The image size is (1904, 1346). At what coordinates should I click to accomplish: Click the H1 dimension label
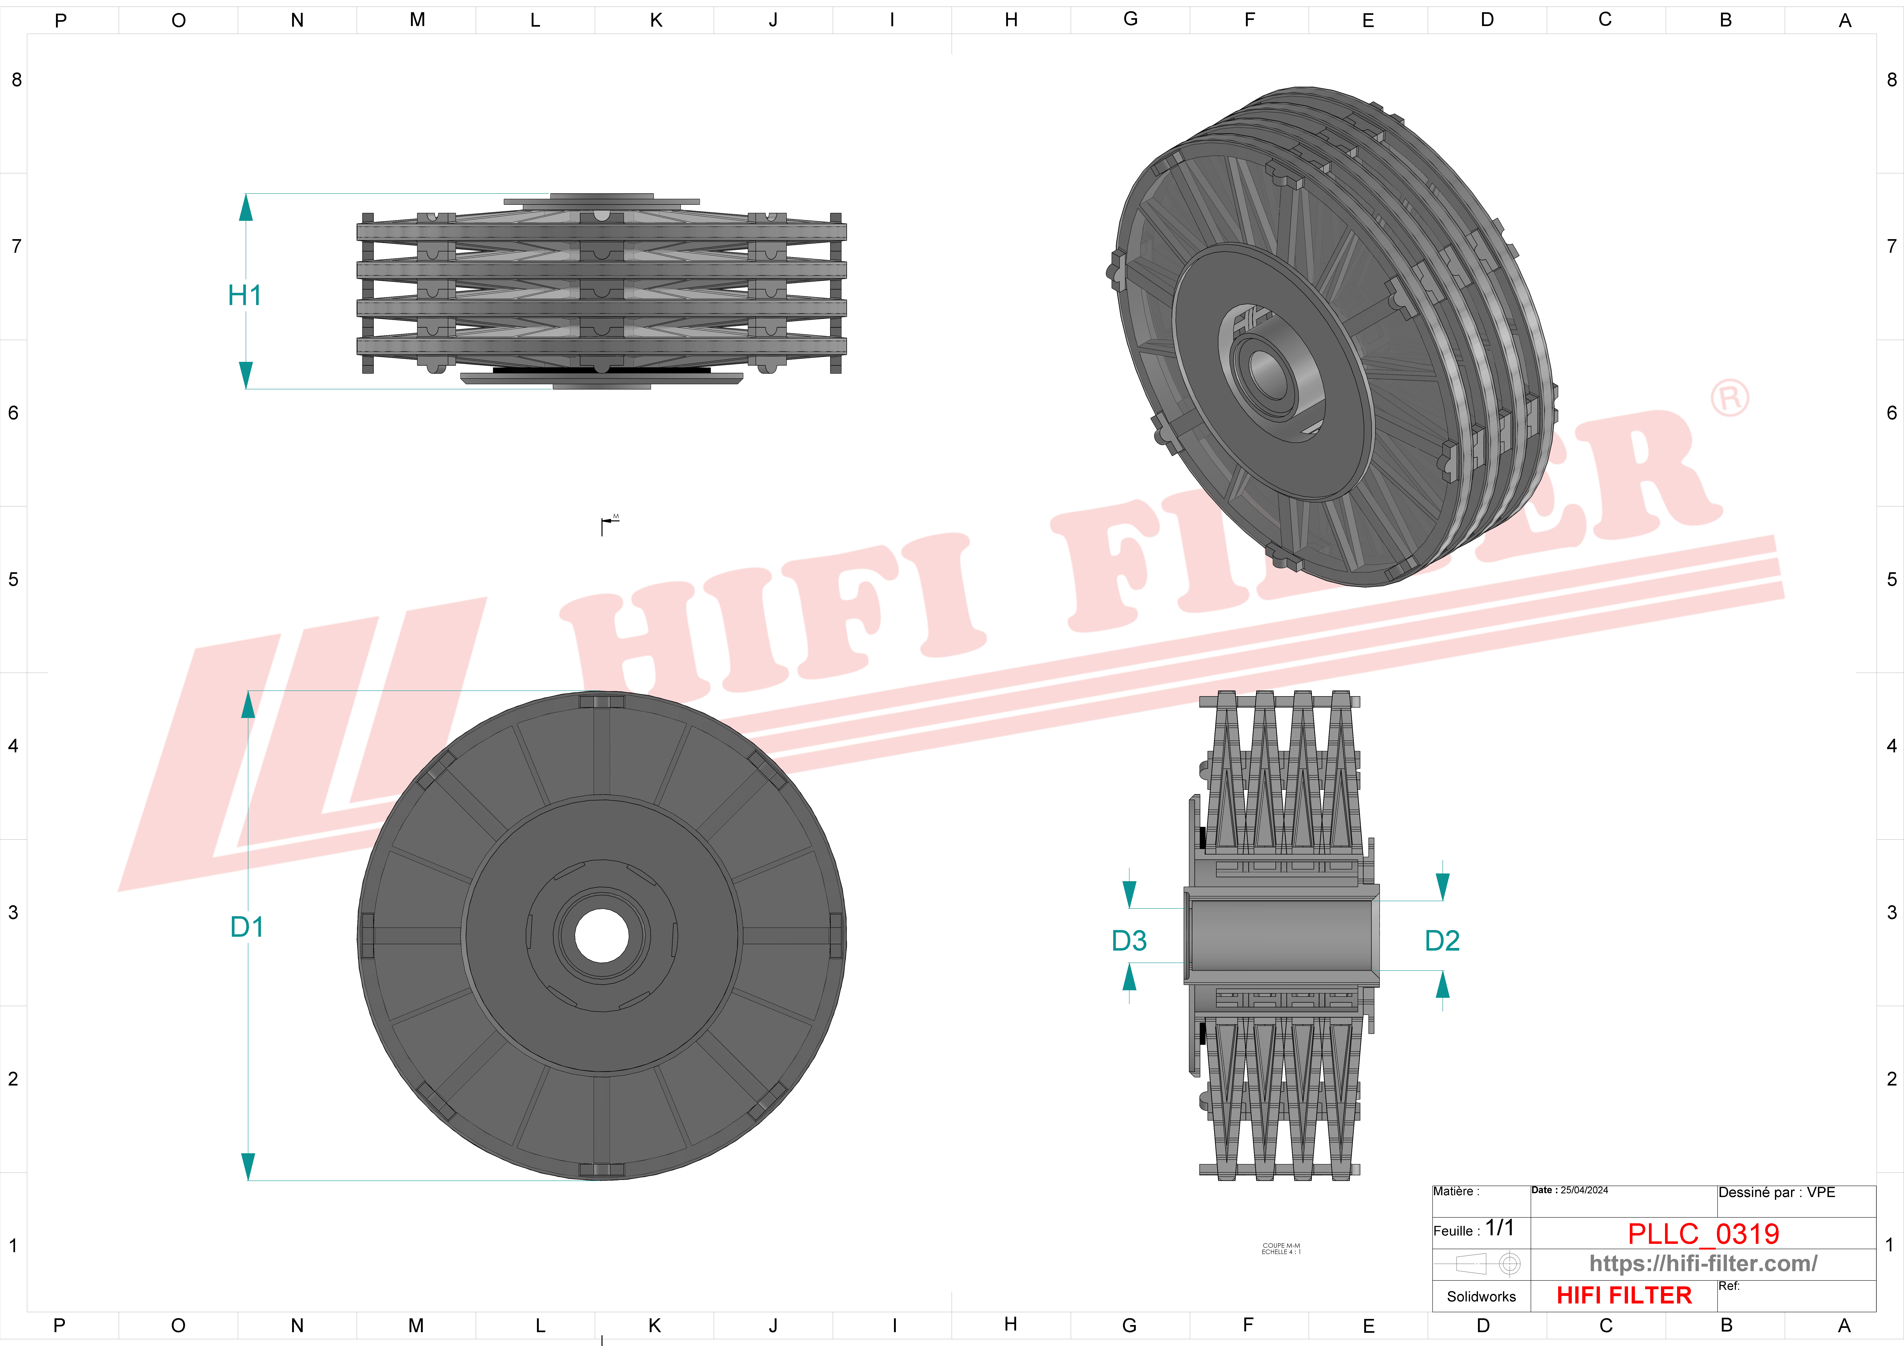tap(245, 295)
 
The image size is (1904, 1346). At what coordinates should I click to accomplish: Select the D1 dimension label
tap(246, 926)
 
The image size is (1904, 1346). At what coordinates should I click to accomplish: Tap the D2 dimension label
tap(1442, 940)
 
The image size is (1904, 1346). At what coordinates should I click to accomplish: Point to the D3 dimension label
tap(1129, 940)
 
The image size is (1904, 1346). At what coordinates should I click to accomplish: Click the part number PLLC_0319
tap(1703, 1233)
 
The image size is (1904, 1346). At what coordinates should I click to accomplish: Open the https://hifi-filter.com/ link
tap(1703, 1263)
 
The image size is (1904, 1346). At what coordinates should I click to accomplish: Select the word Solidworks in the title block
tap(1481, 1296)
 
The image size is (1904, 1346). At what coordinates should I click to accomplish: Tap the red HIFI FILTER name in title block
tap(1624, 1295)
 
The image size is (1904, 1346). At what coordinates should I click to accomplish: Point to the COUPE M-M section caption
tap(1281, 1248)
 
